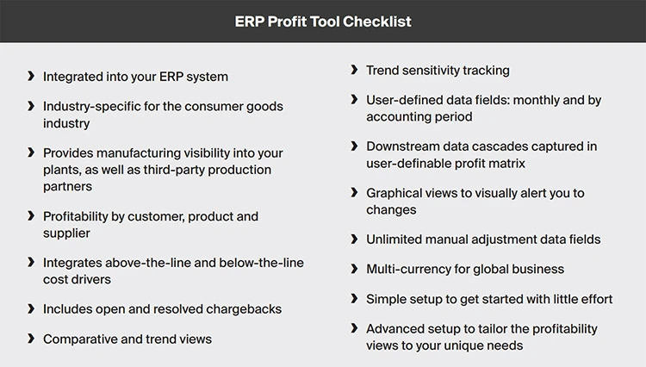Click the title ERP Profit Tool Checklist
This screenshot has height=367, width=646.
point(323,21)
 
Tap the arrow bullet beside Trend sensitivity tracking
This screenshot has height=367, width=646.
point(354,70)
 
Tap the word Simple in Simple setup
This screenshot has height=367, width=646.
point(385,299)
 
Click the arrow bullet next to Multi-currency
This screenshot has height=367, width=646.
point(354,269)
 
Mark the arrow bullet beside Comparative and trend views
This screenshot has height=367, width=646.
point(31,339)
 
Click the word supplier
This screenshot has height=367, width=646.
point(66,232)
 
